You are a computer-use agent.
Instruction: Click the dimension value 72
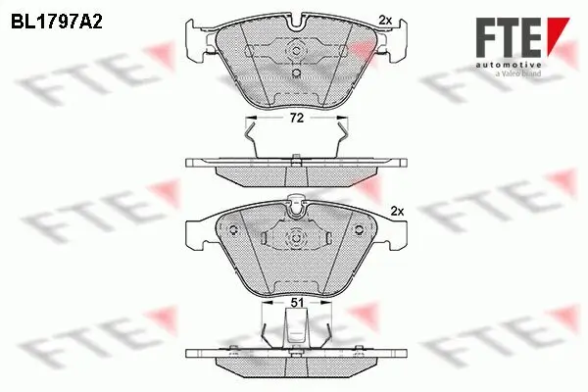coord(296,118)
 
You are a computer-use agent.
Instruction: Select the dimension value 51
coord(296,305)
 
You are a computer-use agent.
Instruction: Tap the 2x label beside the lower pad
coord(397,210)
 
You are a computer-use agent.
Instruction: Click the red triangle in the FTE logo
coord(557,29)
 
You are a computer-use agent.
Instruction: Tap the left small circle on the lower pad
coord(236,231)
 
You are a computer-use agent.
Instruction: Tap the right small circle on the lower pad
coord(359,231)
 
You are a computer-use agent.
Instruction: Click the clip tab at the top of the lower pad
coord(296,204)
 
